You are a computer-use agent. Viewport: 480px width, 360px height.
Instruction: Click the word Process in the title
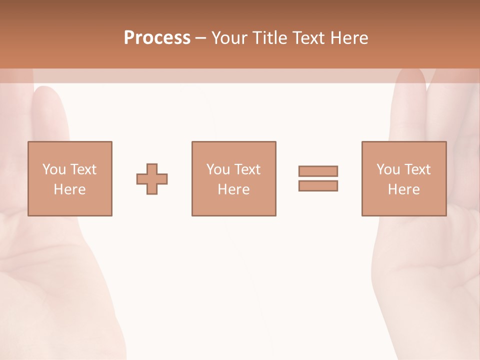click(x=157, y=38)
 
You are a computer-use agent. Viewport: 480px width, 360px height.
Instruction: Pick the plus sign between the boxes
click(x=152, y=179)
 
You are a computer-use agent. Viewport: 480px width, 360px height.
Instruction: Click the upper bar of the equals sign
click(x=318, y=171)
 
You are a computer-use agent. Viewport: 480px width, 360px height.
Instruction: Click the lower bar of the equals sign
click(x=318, y=186)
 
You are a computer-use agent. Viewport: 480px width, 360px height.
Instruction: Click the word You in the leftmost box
click(x=53, y=169)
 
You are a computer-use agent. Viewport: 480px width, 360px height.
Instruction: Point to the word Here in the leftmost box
click(x=69, y=189)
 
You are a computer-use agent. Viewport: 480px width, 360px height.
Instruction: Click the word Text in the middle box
click(x=246, y=169)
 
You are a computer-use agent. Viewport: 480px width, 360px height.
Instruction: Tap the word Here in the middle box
click(x=233, y=189)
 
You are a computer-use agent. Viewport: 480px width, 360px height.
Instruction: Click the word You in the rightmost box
click(x=387, y=169)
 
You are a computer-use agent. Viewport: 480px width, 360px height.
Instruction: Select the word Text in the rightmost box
click(x=417, y=169)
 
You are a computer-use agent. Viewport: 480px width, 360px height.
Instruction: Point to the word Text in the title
click(x=310, y=38)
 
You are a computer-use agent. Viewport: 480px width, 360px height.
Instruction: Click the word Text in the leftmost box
click(x=82, y=169)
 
